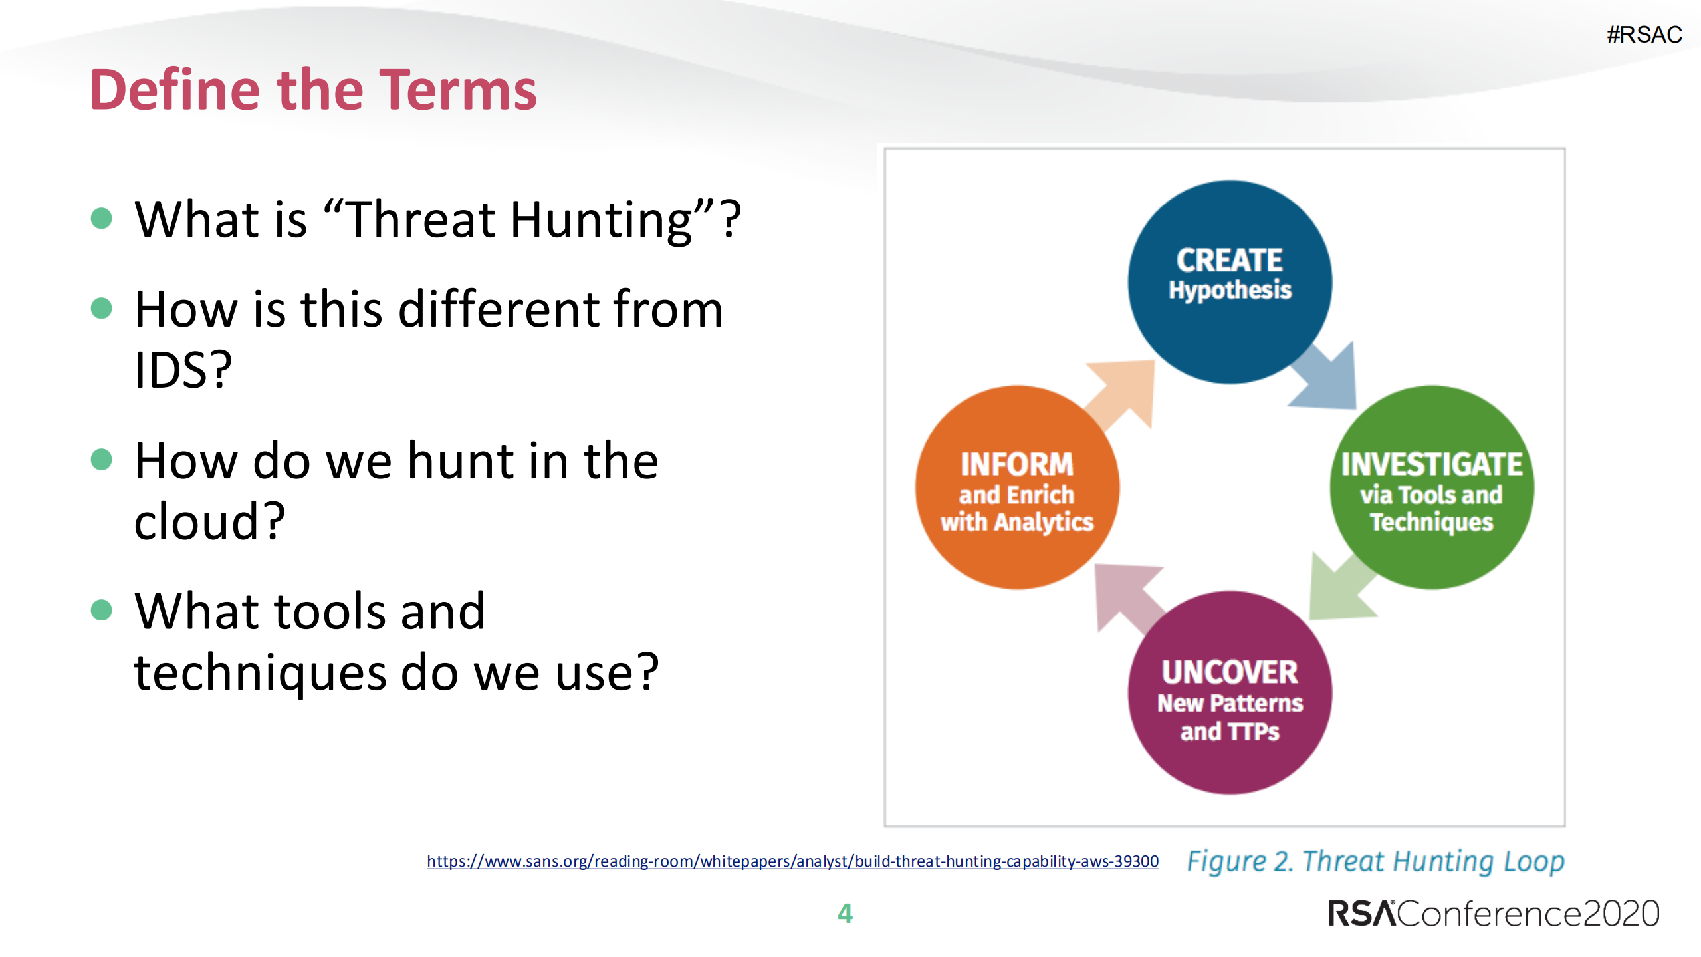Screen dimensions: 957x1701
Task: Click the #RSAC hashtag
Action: click(1644, 35)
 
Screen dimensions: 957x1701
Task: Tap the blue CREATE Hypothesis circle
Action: click(1229, 282)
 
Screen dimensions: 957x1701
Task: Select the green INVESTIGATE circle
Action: click(1431, 488)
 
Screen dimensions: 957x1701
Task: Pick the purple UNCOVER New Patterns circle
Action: click(1229, 693)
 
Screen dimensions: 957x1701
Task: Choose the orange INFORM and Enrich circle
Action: click(1016, 488)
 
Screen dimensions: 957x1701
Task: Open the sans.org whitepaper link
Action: click(792, 861)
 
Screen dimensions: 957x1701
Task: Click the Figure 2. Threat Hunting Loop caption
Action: click(1375, 861)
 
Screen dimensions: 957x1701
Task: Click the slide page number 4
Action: click(845, 913)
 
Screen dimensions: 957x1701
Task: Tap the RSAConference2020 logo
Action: click(1493, 913)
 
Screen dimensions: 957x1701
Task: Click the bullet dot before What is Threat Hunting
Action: click(101, 218)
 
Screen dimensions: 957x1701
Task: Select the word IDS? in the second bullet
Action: click(183, 370)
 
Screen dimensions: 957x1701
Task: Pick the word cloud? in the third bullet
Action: click(209, 521)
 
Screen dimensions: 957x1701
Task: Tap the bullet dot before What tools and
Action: click(101, 609)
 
